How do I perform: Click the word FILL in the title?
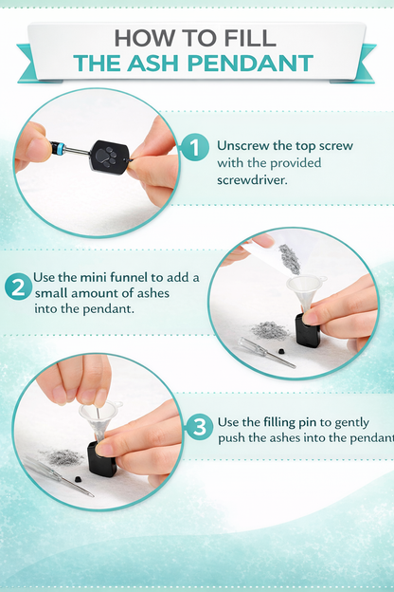click(249, 38)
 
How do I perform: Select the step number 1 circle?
click(194, 148)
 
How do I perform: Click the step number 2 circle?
click(18, 287)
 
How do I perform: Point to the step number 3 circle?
click(199, 427)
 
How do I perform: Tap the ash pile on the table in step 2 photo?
click(270, 331)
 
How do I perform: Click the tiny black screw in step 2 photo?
click(281, 351)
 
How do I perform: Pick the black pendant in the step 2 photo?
click(307, 330)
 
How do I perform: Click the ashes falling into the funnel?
click(290, 258)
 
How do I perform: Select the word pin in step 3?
click(309, 423)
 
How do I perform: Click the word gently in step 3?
click(352, 423)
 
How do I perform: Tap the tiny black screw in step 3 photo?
click(78, 479)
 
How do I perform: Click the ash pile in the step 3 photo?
click(61, 457)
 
